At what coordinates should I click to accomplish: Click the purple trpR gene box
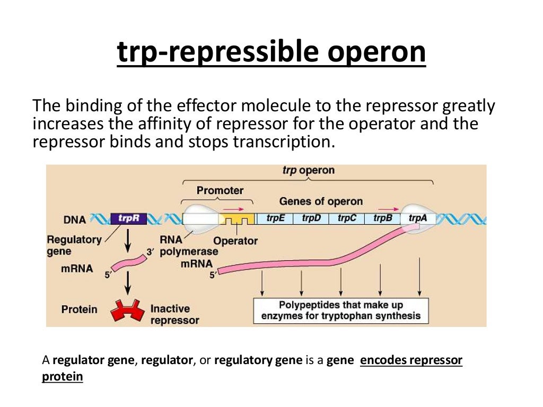128,218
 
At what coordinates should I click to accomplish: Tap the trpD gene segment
311,218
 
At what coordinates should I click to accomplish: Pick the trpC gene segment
346,218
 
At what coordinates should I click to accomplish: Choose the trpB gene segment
382,218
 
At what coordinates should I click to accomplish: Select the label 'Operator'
235,241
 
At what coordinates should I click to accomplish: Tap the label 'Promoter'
220,190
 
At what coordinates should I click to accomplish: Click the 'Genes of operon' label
321,201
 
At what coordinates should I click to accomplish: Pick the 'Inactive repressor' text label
174,314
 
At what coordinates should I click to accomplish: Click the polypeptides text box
340,311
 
